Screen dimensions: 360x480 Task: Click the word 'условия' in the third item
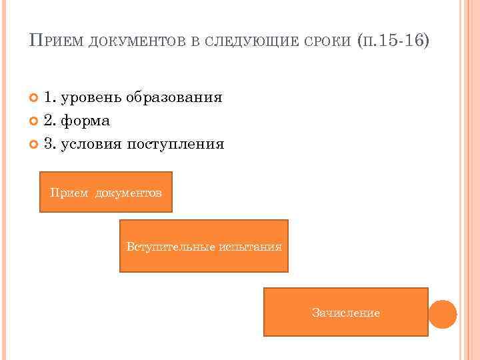(90, 143)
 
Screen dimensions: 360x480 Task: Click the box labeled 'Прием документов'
(106, 192)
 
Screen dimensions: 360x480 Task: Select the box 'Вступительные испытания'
(203, 246)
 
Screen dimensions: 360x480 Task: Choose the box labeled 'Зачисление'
(345, 312)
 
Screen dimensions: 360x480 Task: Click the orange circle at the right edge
(442, 313)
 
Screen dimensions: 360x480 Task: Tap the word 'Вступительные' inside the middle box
(170, 247)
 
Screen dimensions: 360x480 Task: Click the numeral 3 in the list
(48, 143)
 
